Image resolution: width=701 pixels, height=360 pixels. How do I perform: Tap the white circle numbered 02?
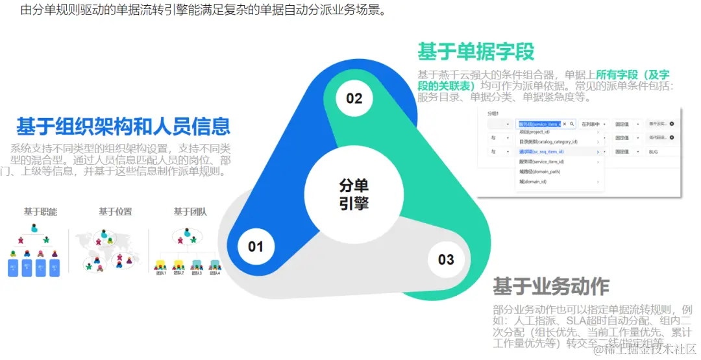pyautogui.click(x=354, y=99)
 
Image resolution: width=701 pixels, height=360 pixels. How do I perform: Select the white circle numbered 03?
pyautogui.click(x=446, y=259)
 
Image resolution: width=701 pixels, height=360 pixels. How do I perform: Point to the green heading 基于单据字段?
pyautogui.click(x=476, y=51)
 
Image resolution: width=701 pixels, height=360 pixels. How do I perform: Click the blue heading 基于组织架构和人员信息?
pyautogui.click(x=123, y=125)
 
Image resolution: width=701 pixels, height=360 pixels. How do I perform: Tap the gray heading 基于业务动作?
pyautogui.click(x=551, y=286)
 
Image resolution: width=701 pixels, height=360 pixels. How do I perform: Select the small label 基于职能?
pyautogui.click(x=41, y=211)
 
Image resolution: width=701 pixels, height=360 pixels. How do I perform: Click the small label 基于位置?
pyautogui.click(x=115, y=211)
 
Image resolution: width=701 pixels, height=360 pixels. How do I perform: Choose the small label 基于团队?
pyautogui.click(x=190, y=211)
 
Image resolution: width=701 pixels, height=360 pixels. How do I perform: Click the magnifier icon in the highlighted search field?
pyautogui.click(x=572, y=124)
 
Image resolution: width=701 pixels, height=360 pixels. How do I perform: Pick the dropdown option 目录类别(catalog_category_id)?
pyautogui.click(x=548, y=141)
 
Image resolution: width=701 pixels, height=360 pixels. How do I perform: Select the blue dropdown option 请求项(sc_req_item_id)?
pyautogui.click(x=541, y=152)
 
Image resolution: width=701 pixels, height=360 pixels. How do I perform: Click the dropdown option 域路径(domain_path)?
pyautogui.click(x=539, y=172)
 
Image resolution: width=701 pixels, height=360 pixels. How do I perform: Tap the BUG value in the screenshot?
pyautogui.click(x=653, y=152)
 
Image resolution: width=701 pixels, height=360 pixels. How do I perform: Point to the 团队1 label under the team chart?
pyautogui.click(x=160, y=273)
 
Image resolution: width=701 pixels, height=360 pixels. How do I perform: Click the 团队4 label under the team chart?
pyautogui.click(x=214, y=273)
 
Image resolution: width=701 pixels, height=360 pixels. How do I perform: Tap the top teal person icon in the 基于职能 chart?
pyautogui.click(x=34, y=228)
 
